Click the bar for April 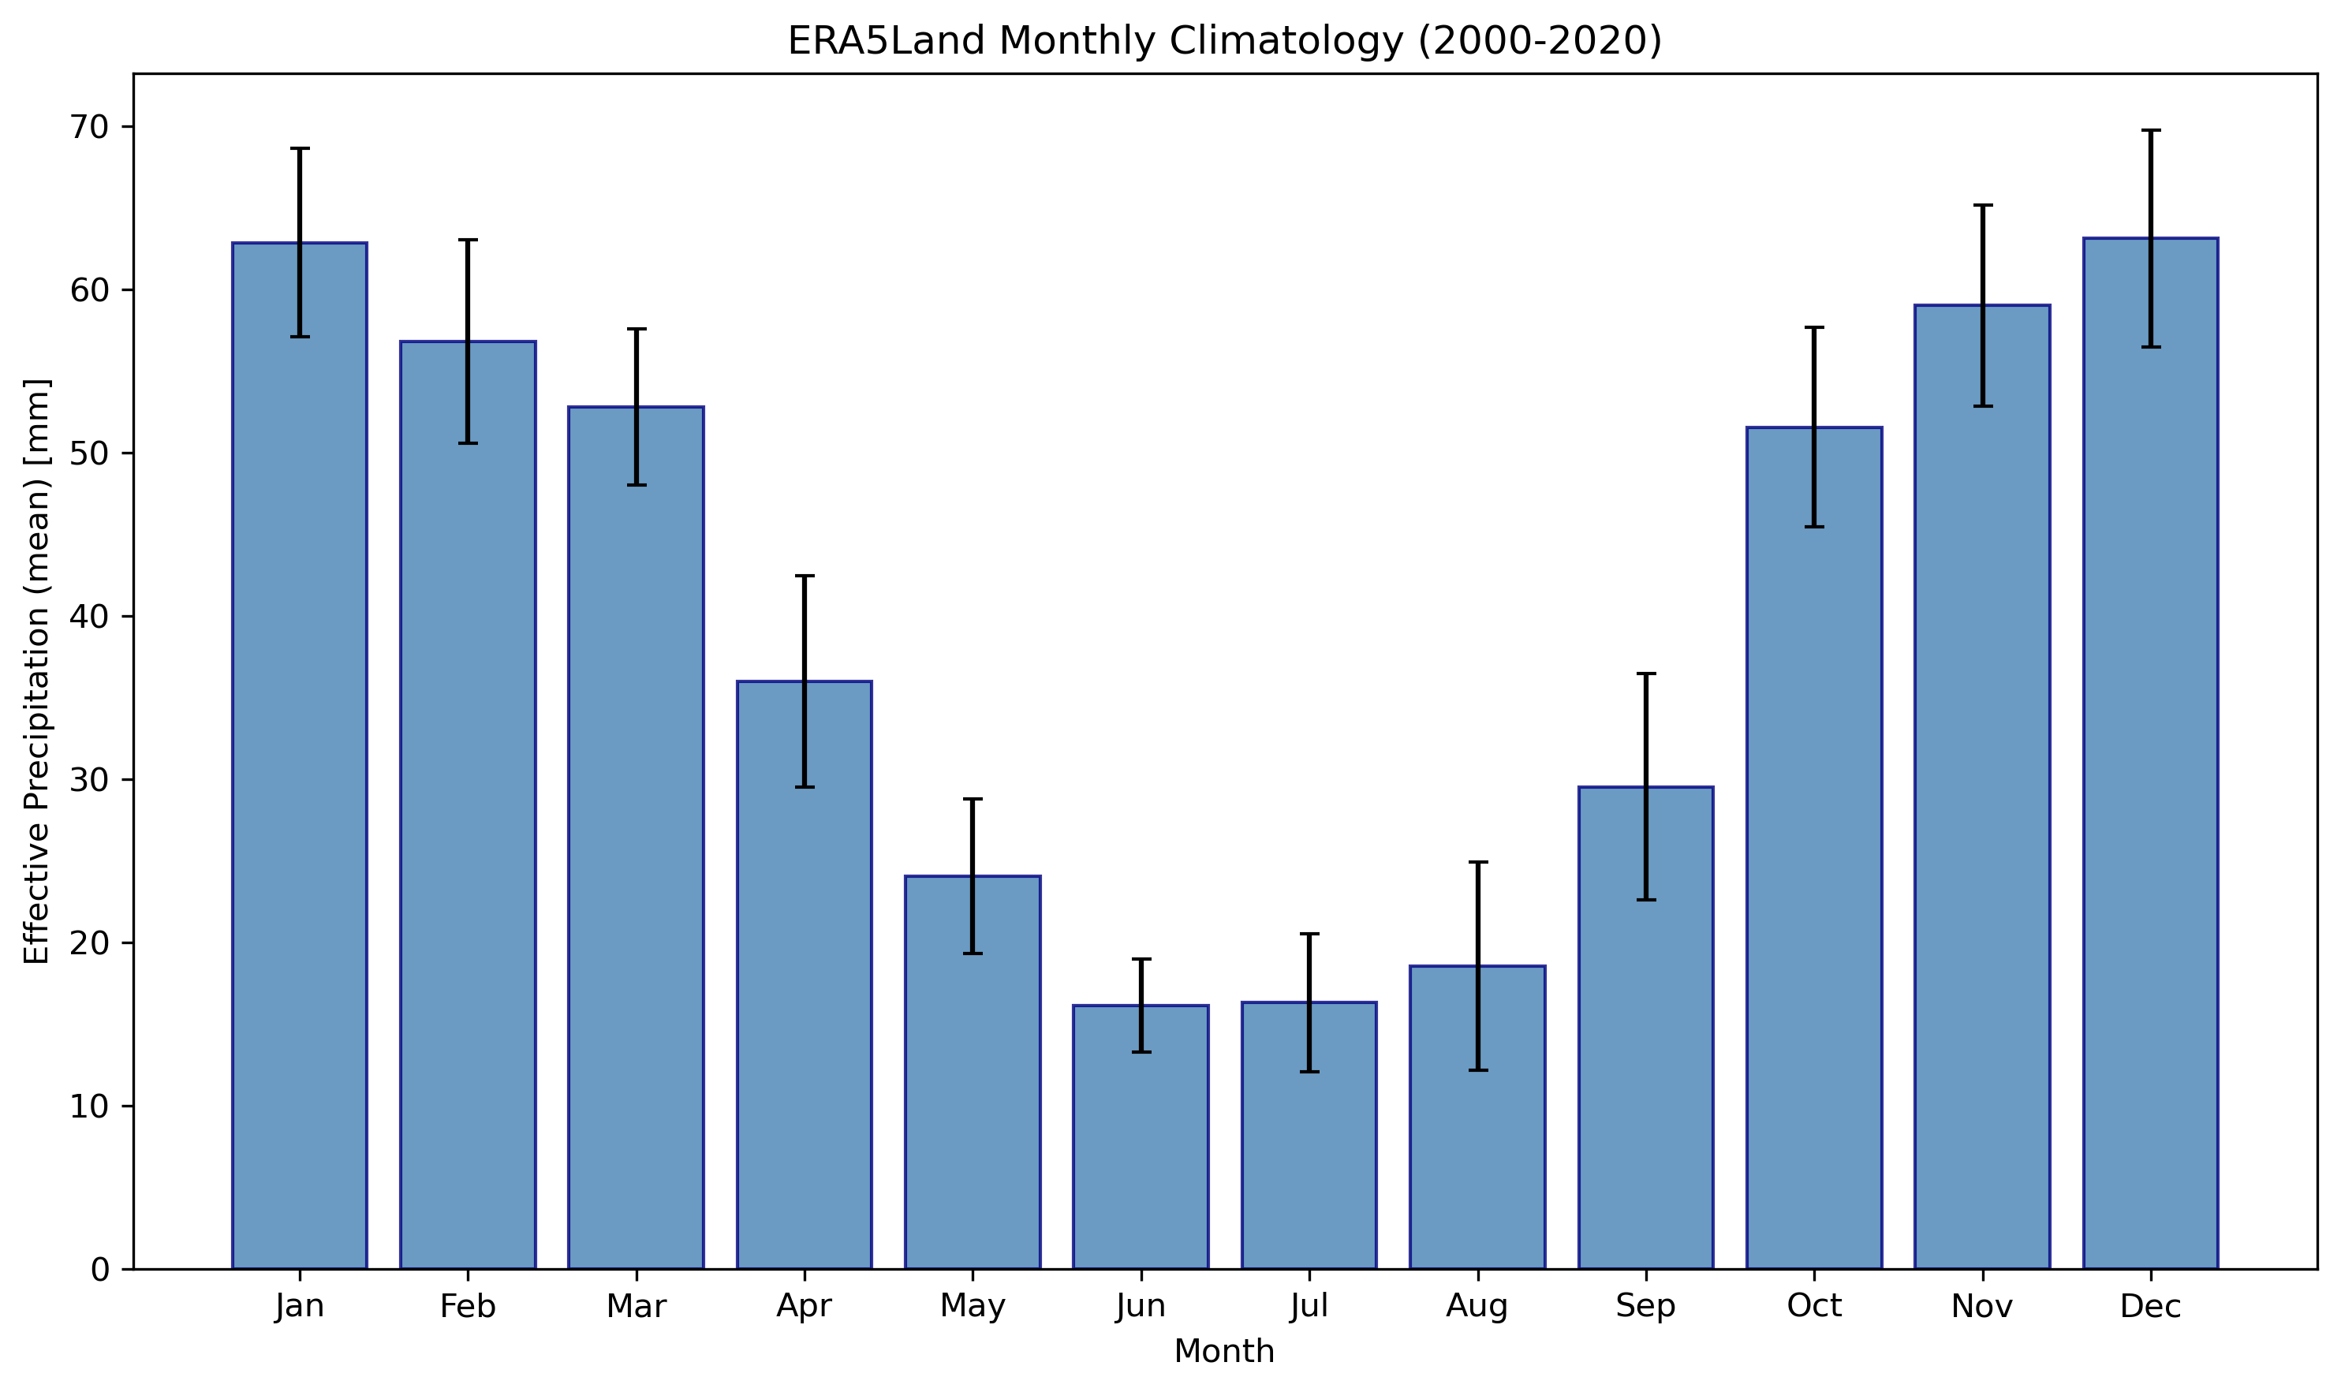804,975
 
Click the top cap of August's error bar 1477,862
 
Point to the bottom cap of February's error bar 468,442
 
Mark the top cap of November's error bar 1982,204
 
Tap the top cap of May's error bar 973,799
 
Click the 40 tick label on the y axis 89,616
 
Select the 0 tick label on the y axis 99,1269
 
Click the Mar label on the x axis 636,1306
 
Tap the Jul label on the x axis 1309,1306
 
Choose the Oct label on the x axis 1814,1306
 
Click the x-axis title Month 1224,1352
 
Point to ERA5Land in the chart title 887,41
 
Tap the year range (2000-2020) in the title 1539,41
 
